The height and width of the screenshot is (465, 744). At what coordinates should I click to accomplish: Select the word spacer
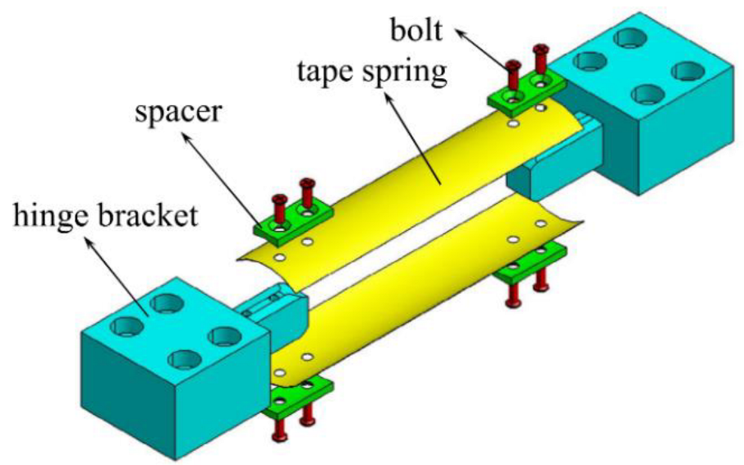point(177,112)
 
